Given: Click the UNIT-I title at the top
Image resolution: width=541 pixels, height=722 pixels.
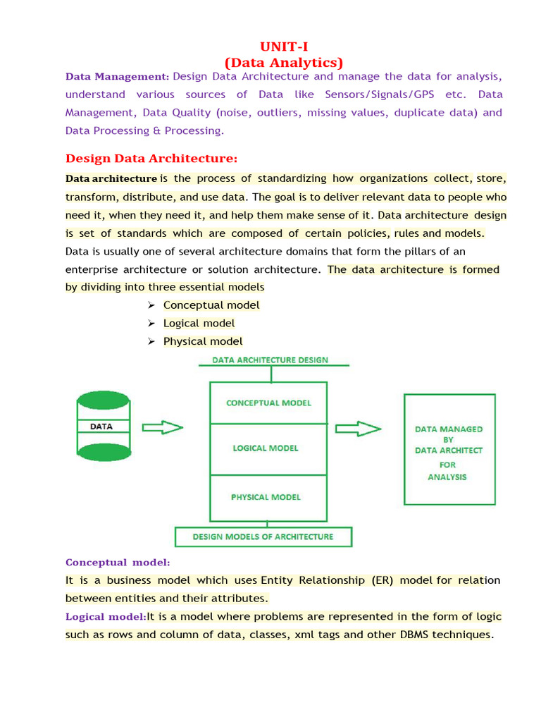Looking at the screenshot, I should coord(284,47).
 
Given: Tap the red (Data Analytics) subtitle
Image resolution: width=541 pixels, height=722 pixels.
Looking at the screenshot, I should coord(284,63).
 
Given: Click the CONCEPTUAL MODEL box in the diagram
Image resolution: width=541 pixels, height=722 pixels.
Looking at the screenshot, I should coord(268,403).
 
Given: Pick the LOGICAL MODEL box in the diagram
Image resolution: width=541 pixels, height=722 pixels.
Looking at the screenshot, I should coord(266,448).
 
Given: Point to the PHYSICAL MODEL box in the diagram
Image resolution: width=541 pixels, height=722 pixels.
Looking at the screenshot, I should coord(266,497).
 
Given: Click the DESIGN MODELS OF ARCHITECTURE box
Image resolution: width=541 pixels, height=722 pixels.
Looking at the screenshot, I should coord(263,537).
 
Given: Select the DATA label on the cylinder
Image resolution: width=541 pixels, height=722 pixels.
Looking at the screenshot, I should coord(101,427).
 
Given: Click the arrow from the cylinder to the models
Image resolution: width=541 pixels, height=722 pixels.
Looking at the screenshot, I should coord(163,427).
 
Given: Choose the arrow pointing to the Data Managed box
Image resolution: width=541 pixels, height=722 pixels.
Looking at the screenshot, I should coord(358,428).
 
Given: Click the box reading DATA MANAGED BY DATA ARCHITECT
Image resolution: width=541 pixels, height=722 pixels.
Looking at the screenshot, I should coord(449,449).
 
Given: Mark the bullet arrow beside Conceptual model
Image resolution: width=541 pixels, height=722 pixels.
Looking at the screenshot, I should coord(151,305).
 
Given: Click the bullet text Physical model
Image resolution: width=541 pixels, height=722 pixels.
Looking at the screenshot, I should coord(203,341).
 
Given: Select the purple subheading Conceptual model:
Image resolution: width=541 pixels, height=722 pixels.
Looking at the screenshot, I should coord(118,562).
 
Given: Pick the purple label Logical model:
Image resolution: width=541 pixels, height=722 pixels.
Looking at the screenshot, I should coord(106,616).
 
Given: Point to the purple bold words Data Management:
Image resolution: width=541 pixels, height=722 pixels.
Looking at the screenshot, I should coord(117,76).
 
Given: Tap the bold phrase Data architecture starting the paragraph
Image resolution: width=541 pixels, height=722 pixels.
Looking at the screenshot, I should coord(111,178).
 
